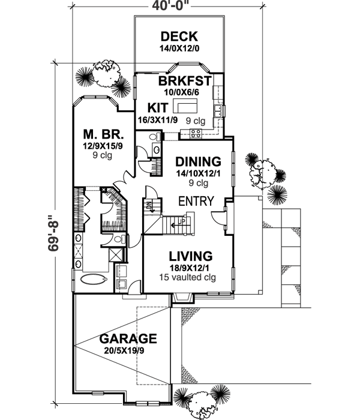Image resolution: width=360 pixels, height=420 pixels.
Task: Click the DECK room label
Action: click(x=179, y=37)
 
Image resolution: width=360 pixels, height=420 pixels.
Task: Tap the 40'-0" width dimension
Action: click(x=167, y=5)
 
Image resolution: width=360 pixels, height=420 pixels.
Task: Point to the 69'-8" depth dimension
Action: click(x=54, y=233)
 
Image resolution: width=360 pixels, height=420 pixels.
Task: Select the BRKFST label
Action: click(x=185, y=80)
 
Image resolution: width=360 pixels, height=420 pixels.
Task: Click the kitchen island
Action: click(x=185, y=106)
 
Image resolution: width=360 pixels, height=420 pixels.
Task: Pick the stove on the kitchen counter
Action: click(x=195, y=133)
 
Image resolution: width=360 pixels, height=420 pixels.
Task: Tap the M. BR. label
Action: click(x=104, y=134)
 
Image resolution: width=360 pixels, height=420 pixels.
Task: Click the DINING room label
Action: click(x=198, y=162)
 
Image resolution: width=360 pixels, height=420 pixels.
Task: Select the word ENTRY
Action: click(x=196, y=201)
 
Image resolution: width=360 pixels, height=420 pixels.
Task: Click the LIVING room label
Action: click(x=191, y=256)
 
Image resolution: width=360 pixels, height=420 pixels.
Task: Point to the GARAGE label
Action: click(x=128, y=338)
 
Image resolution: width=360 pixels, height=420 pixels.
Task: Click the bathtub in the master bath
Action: click(x=94, y=280)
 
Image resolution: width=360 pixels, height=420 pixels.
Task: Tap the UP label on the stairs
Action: click(x=182, y=221)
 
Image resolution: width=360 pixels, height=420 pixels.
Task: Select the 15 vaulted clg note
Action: click(x=187, y=277)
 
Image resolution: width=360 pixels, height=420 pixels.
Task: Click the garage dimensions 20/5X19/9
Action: click(x=124, y=350)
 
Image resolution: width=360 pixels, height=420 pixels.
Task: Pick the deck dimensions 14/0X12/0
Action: click(x=179, y=49)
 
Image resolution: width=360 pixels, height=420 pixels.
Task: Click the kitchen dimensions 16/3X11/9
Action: click(x=157, y=120)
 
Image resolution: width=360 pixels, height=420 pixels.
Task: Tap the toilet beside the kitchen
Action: click(x=155, y=137)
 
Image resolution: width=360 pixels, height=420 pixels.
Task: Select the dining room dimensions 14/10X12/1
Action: click(x=198, y=173)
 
